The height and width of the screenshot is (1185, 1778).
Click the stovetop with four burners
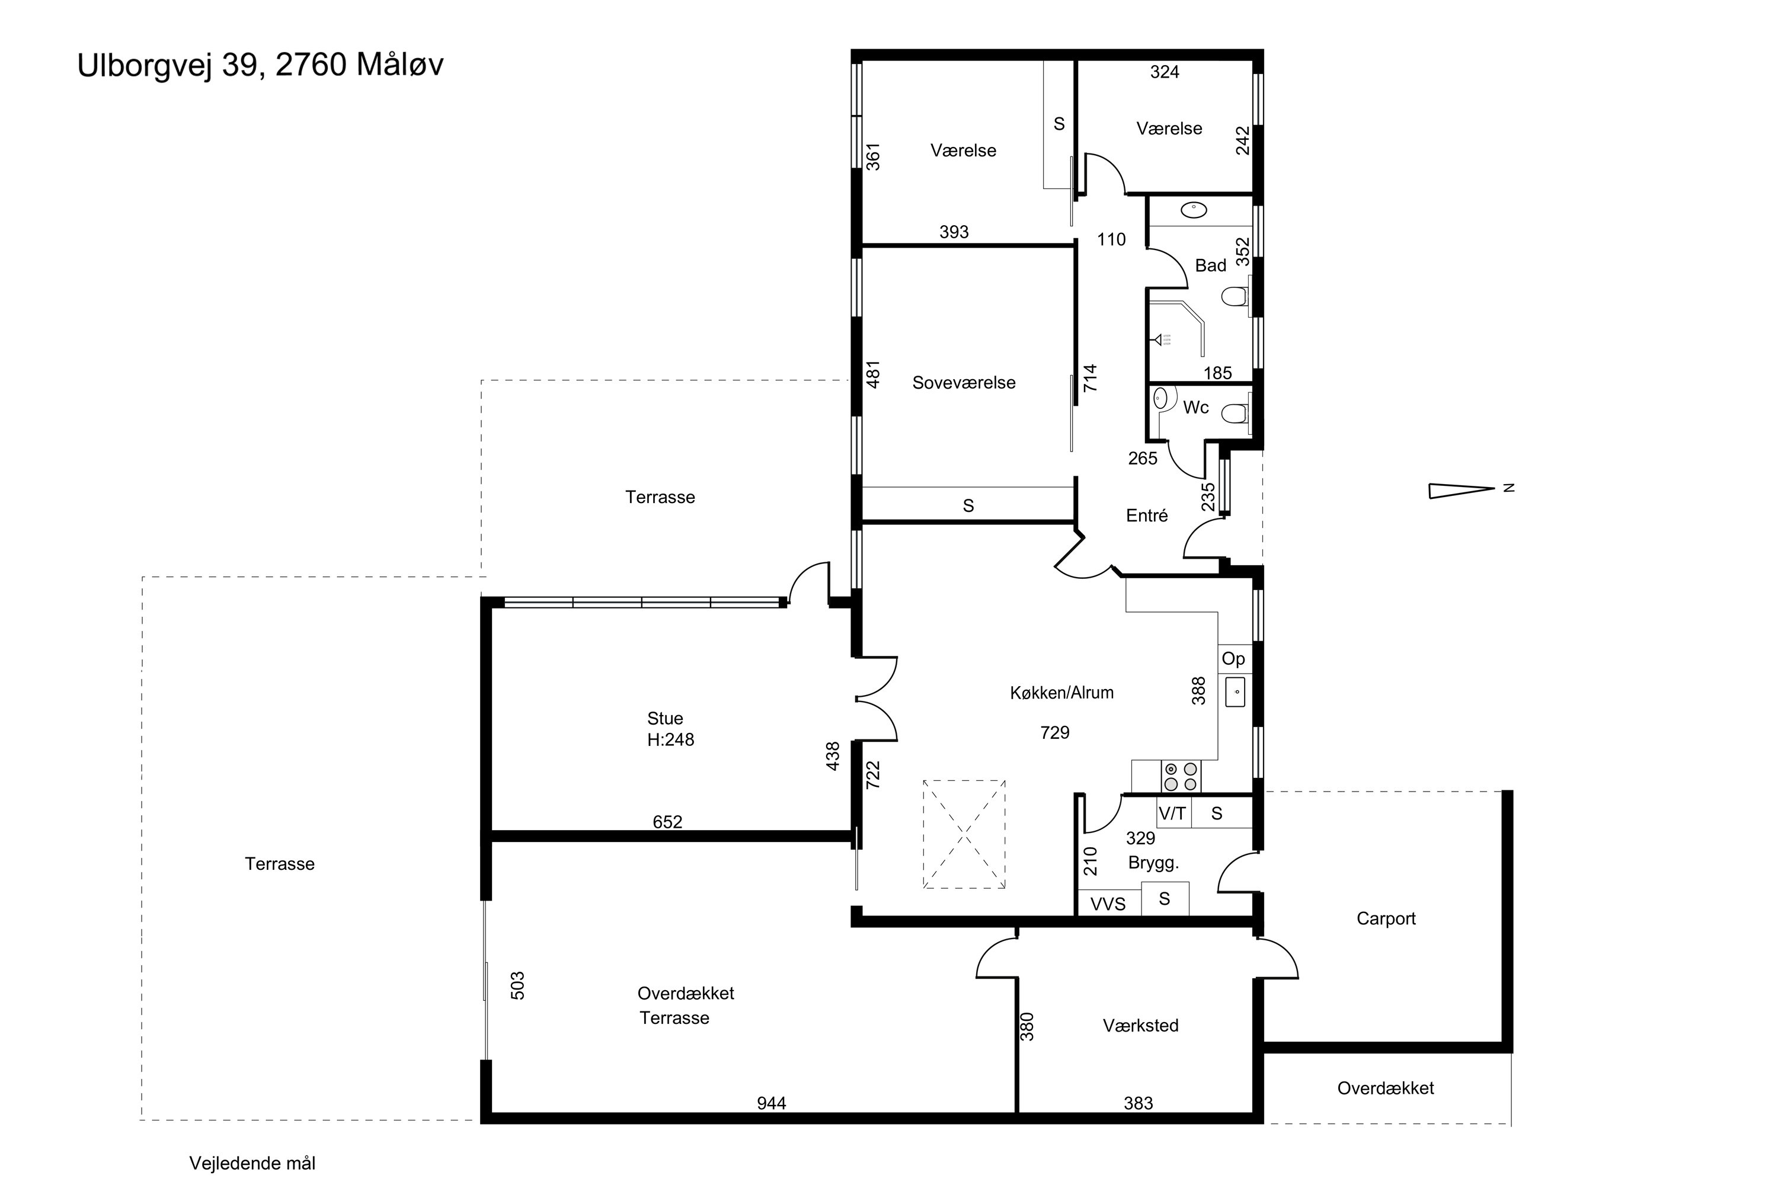point(1180,776)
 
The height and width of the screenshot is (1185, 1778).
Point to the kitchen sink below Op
point(1235,692)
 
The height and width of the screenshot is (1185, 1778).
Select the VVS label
point(1108,904)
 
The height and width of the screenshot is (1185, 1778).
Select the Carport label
point(1386,918)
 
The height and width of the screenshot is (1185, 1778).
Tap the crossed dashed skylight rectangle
point(964,834)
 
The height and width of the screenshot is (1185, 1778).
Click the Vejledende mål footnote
point(252,1163)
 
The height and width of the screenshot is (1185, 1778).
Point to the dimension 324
point(1164,72)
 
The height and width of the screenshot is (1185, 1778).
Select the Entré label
point(1147,515)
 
